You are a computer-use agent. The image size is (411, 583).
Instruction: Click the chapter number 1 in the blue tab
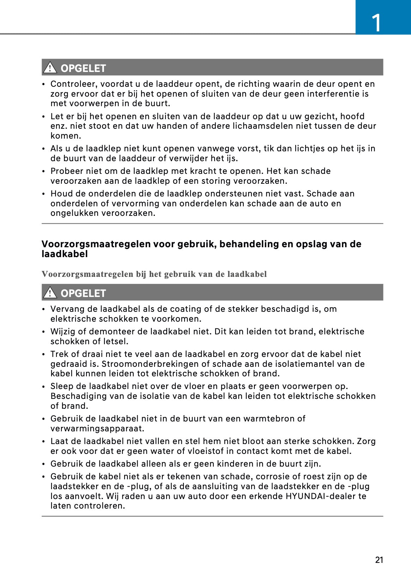[x=377, y=23]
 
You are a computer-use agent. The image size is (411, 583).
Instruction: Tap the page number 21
[x=379, y=560]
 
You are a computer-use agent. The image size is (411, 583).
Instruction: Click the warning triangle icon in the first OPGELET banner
[x=50, y=68]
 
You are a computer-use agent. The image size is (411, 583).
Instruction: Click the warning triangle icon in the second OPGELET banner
[x=50, y=293]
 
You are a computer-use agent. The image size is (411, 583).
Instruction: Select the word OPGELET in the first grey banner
[x=83, y=68]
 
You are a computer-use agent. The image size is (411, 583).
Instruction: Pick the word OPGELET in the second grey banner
[x=83, y=293]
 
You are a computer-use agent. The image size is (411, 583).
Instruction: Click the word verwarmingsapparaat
[x=97, y=429]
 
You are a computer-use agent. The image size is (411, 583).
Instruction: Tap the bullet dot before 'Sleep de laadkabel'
[x=43, y=387]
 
